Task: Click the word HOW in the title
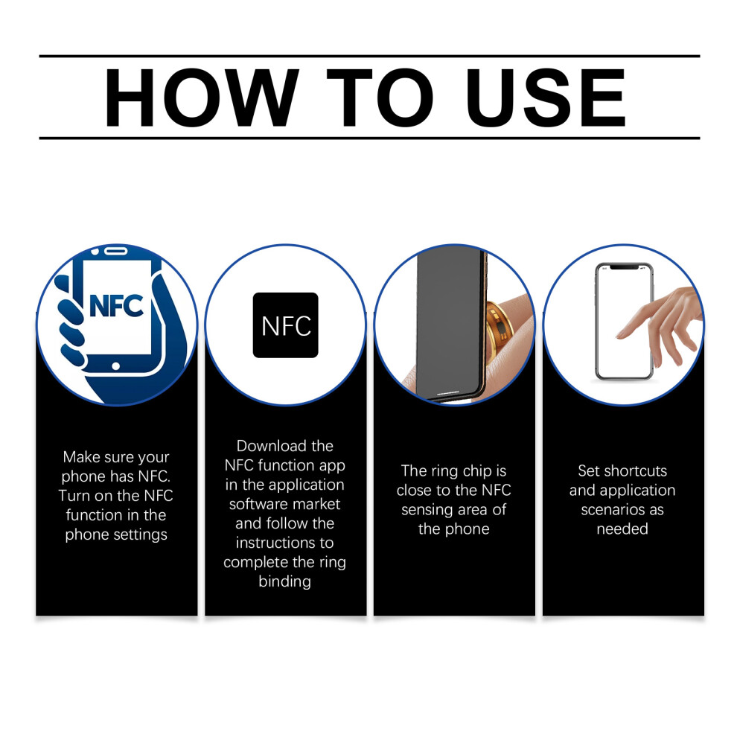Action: point(201,98)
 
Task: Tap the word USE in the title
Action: point(546,98)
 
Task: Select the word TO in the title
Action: point(380,98)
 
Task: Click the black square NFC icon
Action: point(285,325)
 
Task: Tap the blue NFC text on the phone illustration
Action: point(116,306)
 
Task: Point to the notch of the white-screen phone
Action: point(624,267)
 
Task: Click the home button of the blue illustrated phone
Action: point(115,366)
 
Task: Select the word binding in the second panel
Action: point(285,582)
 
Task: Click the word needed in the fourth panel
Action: point(622,529)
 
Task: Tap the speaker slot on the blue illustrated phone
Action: point(115,251)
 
